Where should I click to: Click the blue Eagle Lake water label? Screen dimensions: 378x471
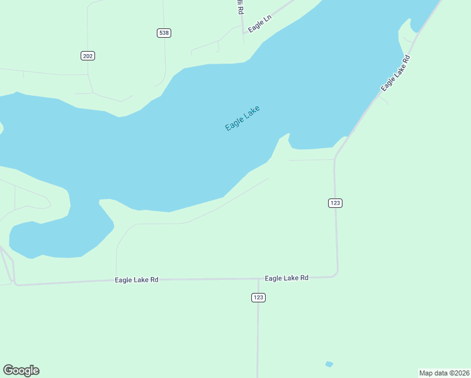click(x=242, y=118)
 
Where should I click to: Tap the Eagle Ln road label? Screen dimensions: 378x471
click(x=259, y=25)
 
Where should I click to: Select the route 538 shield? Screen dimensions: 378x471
click(x=164, y=33)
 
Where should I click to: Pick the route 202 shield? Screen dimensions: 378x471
click(x=88, y=56)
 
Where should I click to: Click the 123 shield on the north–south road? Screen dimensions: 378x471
click(x=335, y=203)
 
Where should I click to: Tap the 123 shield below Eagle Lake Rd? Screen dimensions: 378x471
click(x=258, y=297)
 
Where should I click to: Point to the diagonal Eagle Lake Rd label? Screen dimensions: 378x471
click(x=395, y=74)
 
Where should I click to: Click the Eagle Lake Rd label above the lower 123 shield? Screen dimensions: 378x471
click(x=287, y=278)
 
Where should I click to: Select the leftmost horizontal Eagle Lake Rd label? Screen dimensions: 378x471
click(x=136, y=280)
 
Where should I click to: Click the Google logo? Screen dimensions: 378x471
click(x=21, y=370)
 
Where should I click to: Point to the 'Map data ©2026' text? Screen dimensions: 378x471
click(x=445, y=373)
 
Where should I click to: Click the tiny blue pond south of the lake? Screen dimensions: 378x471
click(x=329, y=364)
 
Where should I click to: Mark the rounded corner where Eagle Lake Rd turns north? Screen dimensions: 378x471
click(x=337, y=273)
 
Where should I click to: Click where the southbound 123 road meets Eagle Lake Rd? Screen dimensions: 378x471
click(x=258, y=278)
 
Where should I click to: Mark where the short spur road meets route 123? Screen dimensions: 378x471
click(x=334, y=160)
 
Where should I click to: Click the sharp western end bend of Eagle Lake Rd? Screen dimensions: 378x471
click(x=14, y=284)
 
